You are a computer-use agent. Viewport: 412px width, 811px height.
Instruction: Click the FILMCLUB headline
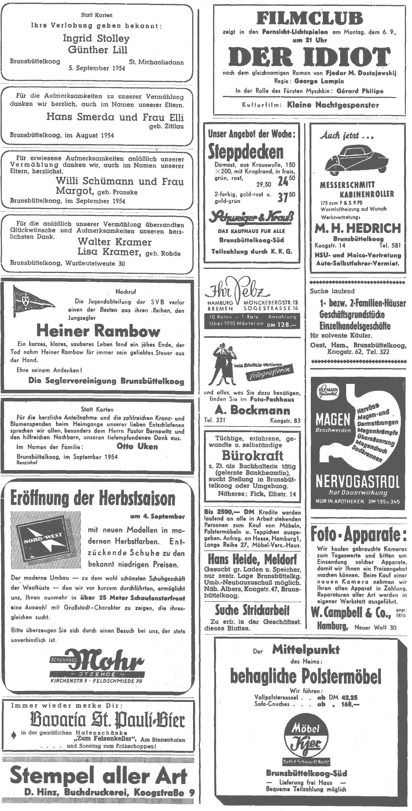tap(310, 19)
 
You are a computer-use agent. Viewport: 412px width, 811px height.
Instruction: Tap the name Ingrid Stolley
tap(96, 39)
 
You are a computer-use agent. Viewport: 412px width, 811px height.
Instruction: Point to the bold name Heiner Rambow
tap(98, 331)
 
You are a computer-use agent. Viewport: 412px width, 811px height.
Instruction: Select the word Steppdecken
tap(246, 152)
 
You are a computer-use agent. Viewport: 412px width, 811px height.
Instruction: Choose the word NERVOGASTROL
tap(357, 482)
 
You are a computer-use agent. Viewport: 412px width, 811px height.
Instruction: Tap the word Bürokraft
tap(252, 456)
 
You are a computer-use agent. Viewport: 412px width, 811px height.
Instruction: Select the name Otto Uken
tap(137, 447)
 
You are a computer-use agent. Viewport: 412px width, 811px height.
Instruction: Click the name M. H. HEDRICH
tap(358, 228)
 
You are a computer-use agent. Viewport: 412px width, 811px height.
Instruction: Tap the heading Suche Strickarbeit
tap(252, 610)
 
